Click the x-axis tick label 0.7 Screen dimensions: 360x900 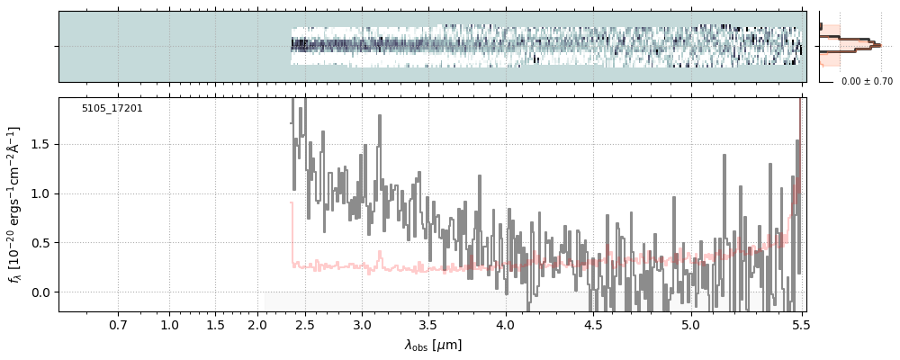click(118, 324)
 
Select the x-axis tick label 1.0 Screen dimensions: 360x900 click(169, 324)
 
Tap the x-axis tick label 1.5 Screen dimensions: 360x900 click(215, 324)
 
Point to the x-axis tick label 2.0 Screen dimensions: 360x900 click(257, 324)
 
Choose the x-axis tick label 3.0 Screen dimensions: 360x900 click(362, 324)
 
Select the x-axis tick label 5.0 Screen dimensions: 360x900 click(690, 324)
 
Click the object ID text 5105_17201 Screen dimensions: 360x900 click(112, 109)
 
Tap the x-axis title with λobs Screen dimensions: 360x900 click(433, 345)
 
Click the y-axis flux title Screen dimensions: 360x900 click(15, 205)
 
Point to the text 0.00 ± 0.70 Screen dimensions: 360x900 click(867, 82)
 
